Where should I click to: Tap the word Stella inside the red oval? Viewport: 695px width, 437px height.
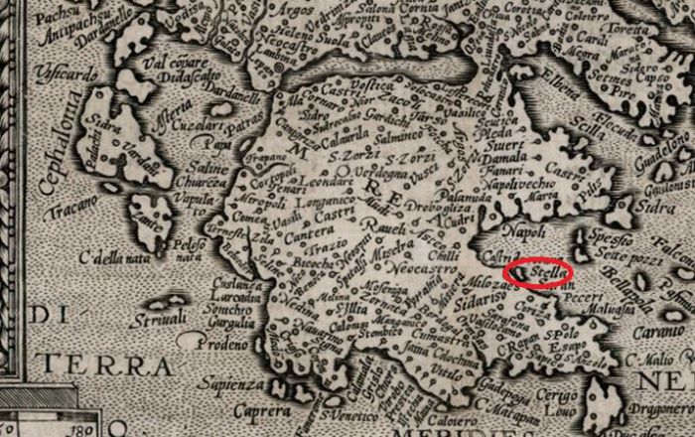546,270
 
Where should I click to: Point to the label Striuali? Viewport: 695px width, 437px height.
159,319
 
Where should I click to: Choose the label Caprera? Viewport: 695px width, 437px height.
253,409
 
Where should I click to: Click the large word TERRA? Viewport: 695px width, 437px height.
125,365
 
